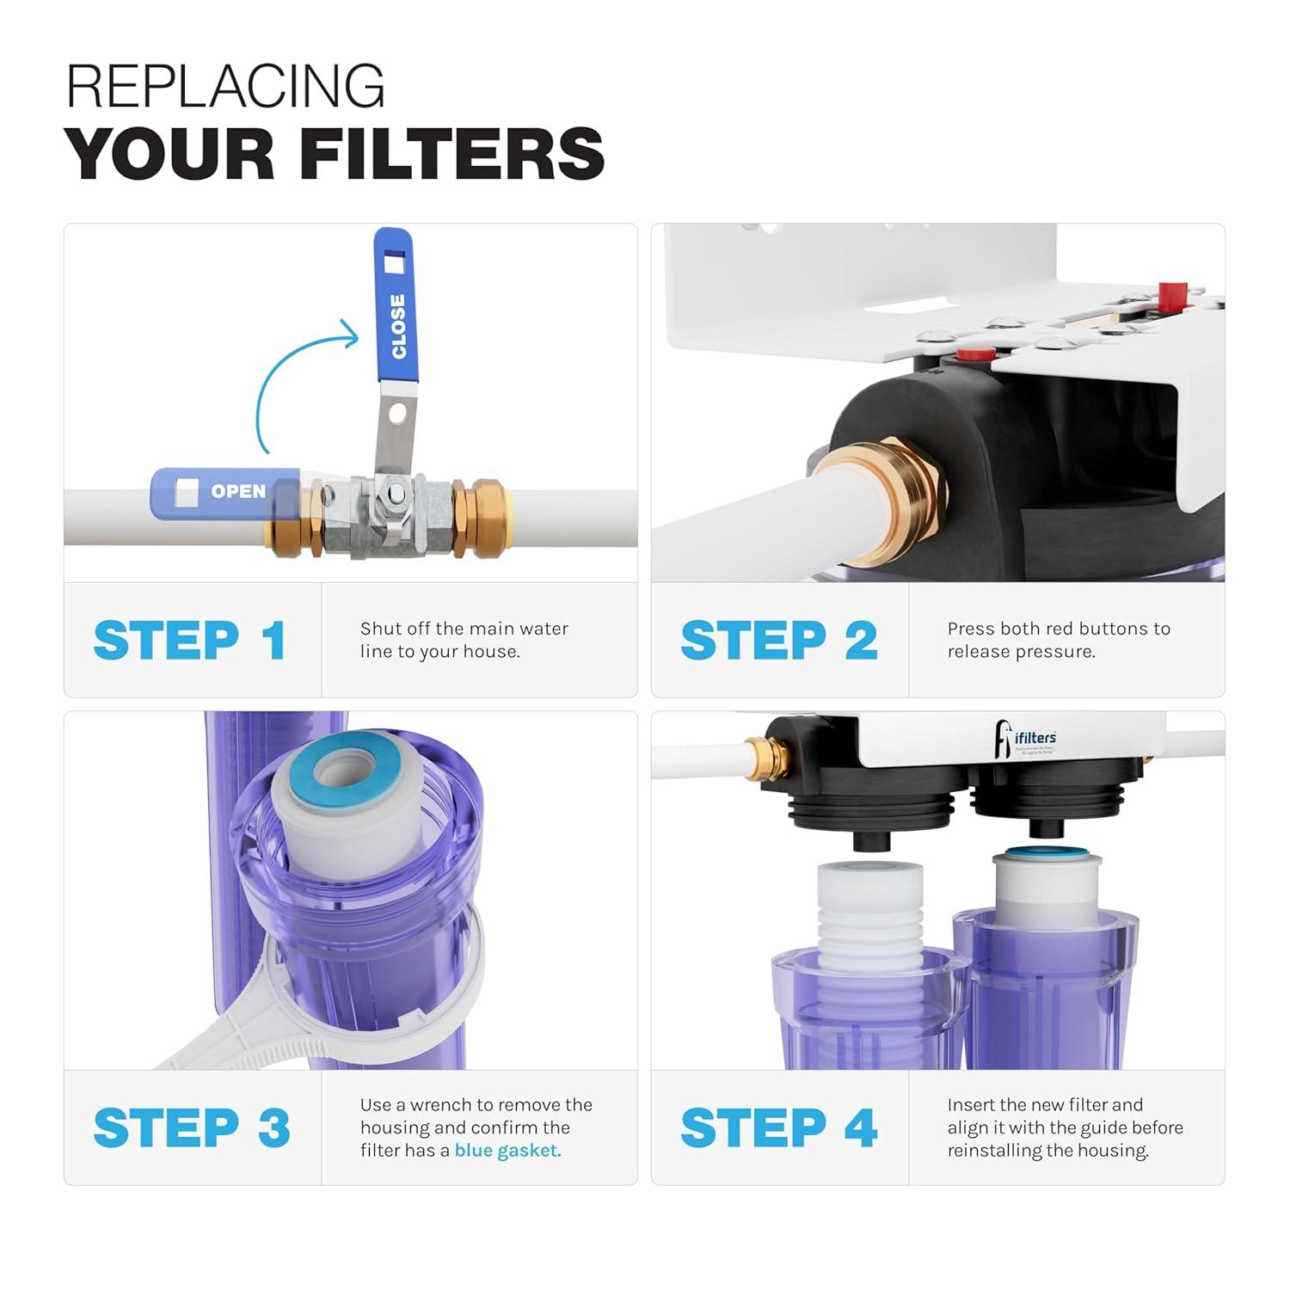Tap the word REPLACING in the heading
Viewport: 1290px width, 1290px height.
pos(225,86)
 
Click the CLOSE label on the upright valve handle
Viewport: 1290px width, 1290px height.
pos(397,326)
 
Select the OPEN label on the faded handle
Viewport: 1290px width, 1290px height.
pos(238,491)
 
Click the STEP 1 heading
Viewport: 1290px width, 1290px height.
pos(190,641)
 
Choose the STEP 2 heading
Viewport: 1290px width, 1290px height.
pos(778,641)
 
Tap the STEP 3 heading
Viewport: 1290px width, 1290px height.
pos(192,1127)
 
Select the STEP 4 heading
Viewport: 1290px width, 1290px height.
pos(778,1127)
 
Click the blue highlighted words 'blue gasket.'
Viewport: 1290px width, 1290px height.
pos(507,1151)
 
